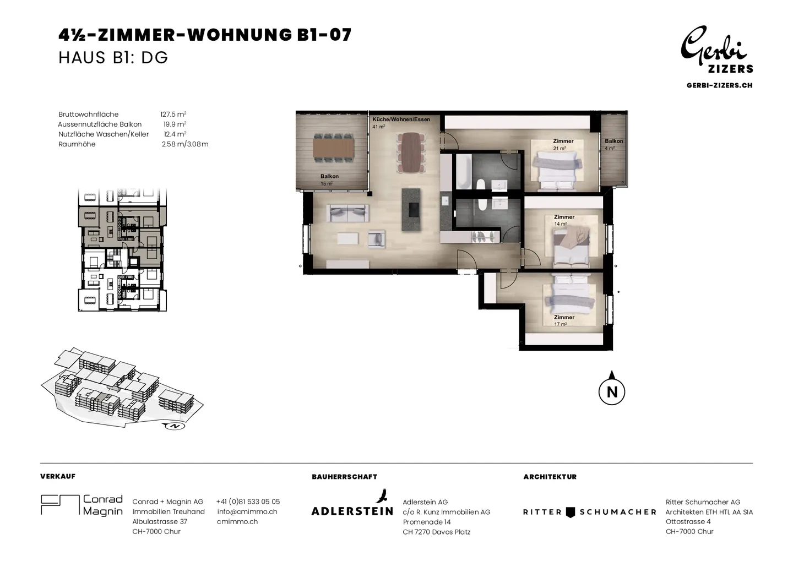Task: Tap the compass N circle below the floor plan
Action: click(x=612, y=392)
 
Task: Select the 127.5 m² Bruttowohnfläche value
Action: click(x=173, y=115)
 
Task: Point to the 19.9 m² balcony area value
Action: click(x=175, y=124)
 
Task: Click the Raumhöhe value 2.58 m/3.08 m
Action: click(x=185, y=144)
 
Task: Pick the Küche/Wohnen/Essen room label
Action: click(x=401, y=119)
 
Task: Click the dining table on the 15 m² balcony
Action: click(x=334, y=148)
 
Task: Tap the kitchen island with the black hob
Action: click(x=411, y=210)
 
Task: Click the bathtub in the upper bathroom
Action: click(x=464, y=172)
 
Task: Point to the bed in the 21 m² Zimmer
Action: click(x=557, y=171)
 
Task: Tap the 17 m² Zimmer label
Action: click(x=564, y=320)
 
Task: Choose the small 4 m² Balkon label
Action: click(x=613, y=144)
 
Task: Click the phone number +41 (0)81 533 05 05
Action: click(x=248, y=502)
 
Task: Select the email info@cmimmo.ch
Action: click(x=247, y=511)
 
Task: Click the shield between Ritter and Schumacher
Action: click(x=571, y=512)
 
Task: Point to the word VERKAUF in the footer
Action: click(x=58, y=476)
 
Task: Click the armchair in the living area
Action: click(x=376, y=238)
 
